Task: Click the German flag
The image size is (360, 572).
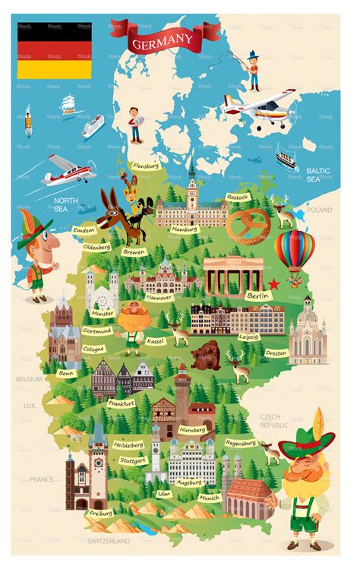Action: coord(55,50)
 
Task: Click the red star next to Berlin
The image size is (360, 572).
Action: coord(274,283)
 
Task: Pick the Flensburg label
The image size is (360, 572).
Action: coord(144,165)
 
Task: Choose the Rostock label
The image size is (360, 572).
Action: coord(237,197)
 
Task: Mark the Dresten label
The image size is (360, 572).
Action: coord(275,352)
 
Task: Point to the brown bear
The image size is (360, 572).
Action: coord(207,356)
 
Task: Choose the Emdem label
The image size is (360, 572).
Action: coord(84,229)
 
